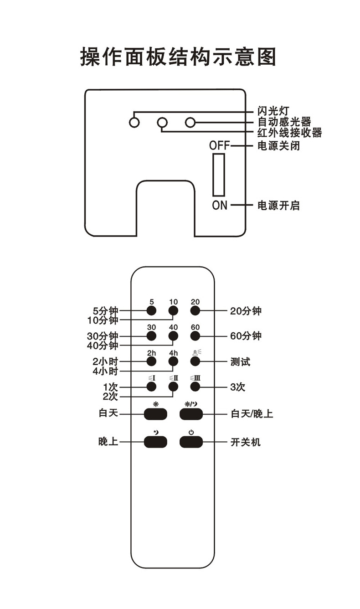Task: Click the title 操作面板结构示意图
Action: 178,57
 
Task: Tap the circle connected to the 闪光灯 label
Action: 134,122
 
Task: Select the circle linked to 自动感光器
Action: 190,122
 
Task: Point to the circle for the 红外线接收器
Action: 162,122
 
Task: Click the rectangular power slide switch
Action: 218,175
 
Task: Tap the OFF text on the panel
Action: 220,146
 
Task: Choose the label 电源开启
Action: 278,206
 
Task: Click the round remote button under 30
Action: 151,336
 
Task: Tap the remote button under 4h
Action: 173,361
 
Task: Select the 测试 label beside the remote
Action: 240,362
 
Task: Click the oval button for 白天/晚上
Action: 191,414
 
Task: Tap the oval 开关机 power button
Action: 191,442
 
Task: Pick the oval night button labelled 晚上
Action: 155,442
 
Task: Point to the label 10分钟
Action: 103,320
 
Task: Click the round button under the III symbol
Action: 195,387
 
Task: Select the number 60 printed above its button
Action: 195,327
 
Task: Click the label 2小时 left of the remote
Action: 105,361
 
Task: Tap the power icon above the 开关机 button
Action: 191,432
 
